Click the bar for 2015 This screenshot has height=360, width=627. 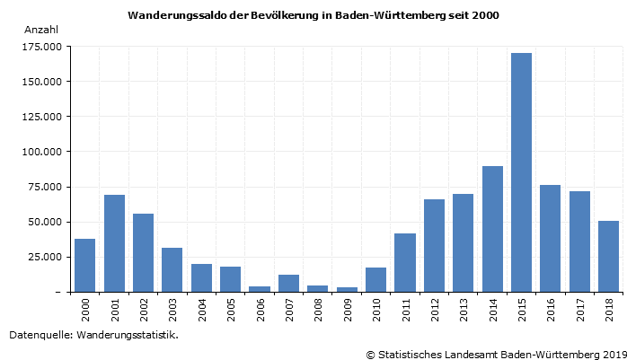coord(521,172)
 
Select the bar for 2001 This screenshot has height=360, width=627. coord(114,243)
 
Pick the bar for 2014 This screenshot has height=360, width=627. coord(492,229)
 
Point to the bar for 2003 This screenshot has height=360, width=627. coord(172,269)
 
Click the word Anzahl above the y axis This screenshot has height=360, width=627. coord(41,30)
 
